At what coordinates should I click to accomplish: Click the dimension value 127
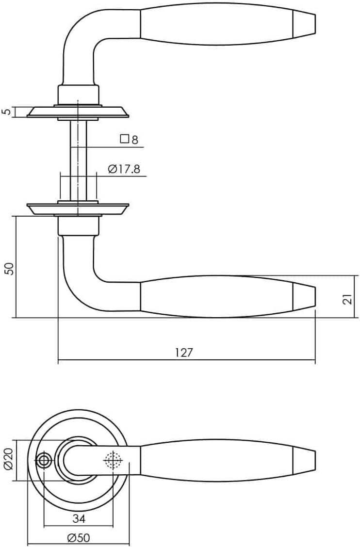[184, 353]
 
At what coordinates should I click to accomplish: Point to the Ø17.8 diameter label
[124, 169]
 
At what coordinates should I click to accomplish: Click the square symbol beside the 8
[124, 139]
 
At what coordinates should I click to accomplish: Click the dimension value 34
[79, 519]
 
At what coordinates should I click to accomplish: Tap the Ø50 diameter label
[79, 538]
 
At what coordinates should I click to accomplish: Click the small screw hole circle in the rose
[44, 461]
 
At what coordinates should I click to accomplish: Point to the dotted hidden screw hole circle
[113, 461]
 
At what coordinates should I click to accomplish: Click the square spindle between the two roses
[78, 160]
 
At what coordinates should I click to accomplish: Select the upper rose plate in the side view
[78, 112]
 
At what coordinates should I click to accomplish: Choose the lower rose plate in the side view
[78, 209]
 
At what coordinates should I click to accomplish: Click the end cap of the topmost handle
[304, 23]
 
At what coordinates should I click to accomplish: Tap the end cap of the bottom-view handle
[304, 460]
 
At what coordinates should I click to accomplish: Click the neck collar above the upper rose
[78, 93]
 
